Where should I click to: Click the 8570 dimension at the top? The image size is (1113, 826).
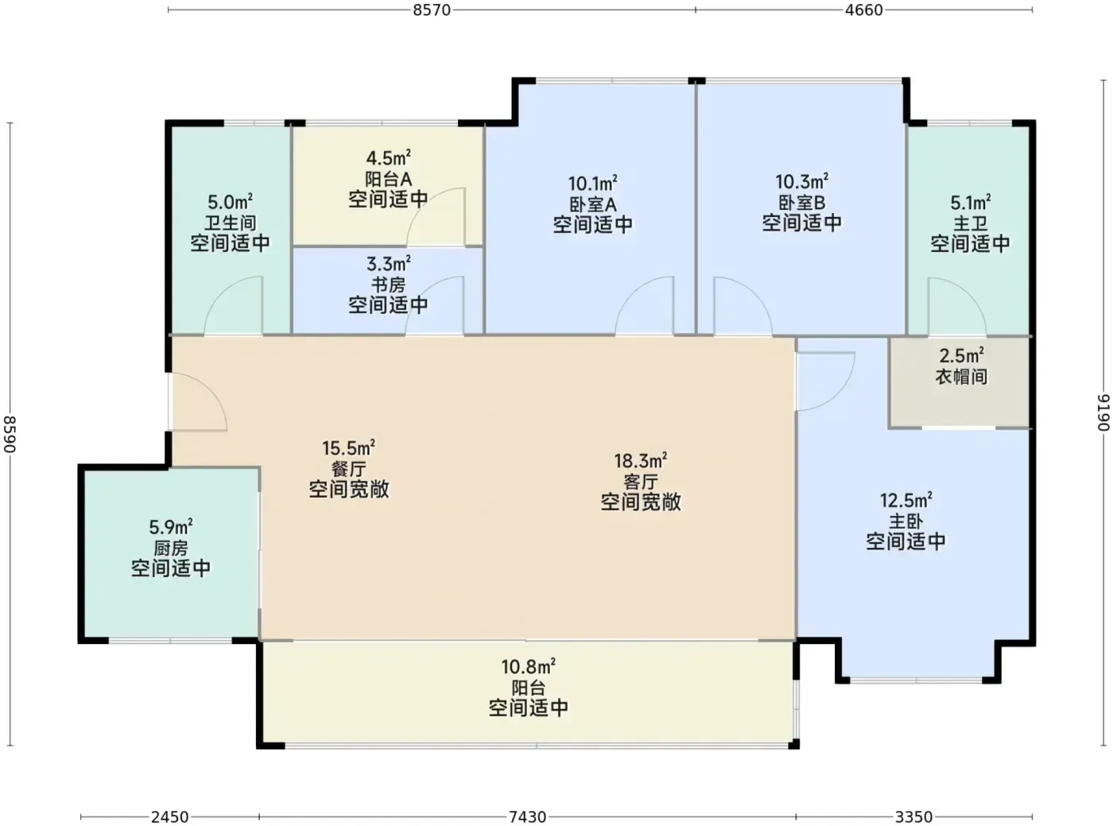point(432,10)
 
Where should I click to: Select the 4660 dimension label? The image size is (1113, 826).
point(863,10)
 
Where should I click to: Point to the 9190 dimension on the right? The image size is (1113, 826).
point(1103,413)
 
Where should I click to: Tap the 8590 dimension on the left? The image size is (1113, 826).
point(10,434)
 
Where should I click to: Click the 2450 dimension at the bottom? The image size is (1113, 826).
point(169,817)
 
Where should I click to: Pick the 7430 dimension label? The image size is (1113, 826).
point(527,817)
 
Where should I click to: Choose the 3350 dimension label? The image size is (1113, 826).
point(913,817)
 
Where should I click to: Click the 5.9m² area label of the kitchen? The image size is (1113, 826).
point(171,526)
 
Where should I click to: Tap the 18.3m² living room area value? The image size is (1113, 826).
point(641,460)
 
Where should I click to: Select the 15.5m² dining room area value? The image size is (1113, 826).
point(349,447)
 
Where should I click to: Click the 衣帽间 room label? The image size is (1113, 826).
point(961,376)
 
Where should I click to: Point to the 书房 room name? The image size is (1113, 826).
point(389,285)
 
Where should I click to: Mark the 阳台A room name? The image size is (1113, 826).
point(389,179)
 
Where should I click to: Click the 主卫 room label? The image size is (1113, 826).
point(971,223)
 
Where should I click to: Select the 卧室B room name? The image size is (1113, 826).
point(802,202)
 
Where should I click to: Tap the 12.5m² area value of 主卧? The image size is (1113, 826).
point(906,500)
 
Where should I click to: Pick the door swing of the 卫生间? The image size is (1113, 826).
point(221,291)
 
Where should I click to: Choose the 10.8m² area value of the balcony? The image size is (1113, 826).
point(529,666)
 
